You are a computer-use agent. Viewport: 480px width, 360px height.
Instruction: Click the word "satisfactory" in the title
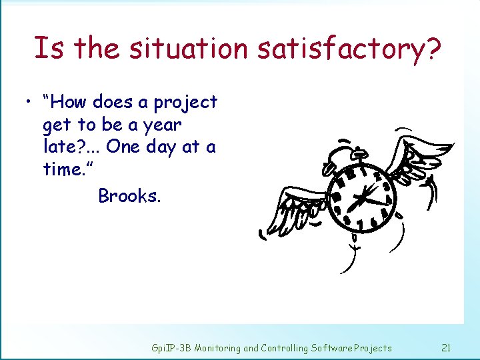pos(347,48)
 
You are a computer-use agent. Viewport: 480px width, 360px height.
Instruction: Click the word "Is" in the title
pos(49,48)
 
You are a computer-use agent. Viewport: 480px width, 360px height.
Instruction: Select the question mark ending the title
pos(434,48)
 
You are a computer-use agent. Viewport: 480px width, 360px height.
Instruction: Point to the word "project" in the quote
pos(185,103)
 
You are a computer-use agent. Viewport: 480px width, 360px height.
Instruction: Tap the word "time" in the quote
pos(65,169)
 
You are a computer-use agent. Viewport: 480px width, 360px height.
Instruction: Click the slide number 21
pos(447,347)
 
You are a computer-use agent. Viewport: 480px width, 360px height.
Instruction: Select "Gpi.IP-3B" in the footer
pos(171,348)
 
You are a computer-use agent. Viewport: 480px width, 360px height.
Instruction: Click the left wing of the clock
pos(297,210)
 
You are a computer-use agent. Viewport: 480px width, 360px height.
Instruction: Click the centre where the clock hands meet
pos(363,197)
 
